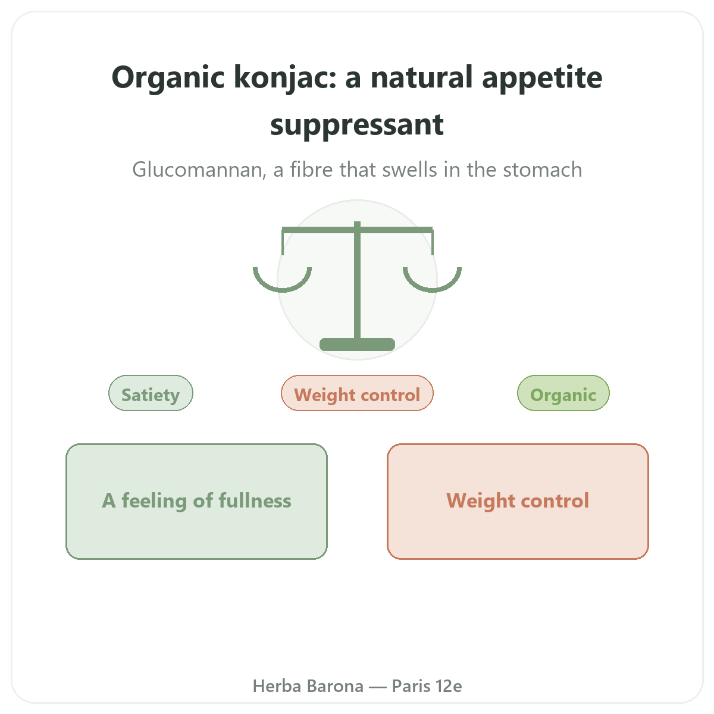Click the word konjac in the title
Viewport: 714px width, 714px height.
coord(285,78)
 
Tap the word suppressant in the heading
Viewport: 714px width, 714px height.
coord(357,125)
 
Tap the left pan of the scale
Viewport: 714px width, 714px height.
coord(283,288)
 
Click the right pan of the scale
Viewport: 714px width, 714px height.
coord(432,288)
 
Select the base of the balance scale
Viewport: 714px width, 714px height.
coord(357,345)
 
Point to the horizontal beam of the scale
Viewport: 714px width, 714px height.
coord(357,230)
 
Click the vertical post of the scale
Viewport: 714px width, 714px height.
coord(357,281)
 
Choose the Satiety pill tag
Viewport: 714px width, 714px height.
coord(151,393)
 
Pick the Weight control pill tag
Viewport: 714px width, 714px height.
coord(357,393)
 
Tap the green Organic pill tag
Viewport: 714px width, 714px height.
coord(563,393)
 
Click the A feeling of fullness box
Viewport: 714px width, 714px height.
coord(197,502)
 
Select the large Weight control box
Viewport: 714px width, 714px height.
coord(518,502)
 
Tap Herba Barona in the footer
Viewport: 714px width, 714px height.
coord(308,686)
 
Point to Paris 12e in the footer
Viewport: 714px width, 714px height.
coord(427,686)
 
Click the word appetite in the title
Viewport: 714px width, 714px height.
coord(542,79)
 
